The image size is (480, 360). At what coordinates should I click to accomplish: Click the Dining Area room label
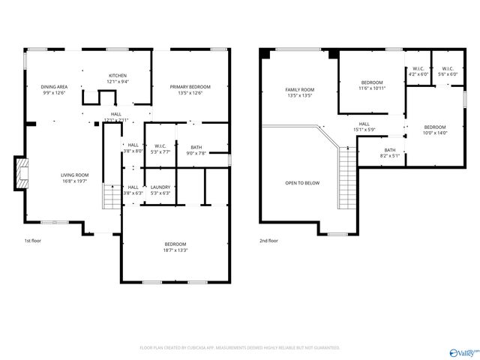click(x=54, y=87)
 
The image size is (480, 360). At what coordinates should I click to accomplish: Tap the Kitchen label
click(x=118, y=76)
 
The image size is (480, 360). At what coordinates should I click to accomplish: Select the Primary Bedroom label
click(x=190, y=87)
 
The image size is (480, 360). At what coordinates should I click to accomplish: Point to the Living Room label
click(x=75, y=175)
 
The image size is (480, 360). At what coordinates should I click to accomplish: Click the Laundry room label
click(x=160, y=187)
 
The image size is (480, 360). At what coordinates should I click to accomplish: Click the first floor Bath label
click(x=196, y=147)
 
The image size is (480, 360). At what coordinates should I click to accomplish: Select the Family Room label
click(x=299, y=89)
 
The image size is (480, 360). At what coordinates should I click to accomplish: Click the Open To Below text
click(x=302, y=182)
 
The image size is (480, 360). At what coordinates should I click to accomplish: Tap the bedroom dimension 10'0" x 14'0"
click(x=434, y=133)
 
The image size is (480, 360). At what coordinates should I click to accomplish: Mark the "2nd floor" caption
click(x=268, y=241)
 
